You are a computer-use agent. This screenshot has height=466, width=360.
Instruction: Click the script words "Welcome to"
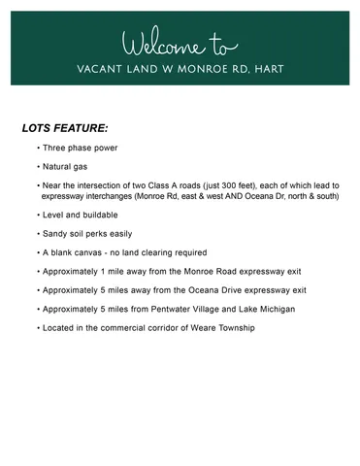pos(180,44)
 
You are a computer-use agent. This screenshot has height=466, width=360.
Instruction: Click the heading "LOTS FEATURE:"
pos(65,127)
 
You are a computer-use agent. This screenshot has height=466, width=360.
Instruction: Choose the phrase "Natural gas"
pos(67,167)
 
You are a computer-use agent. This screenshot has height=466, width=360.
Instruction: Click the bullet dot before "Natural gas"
pos(38,167)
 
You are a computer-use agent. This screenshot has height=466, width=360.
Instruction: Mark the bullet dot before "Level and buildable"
pos(38,215)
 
